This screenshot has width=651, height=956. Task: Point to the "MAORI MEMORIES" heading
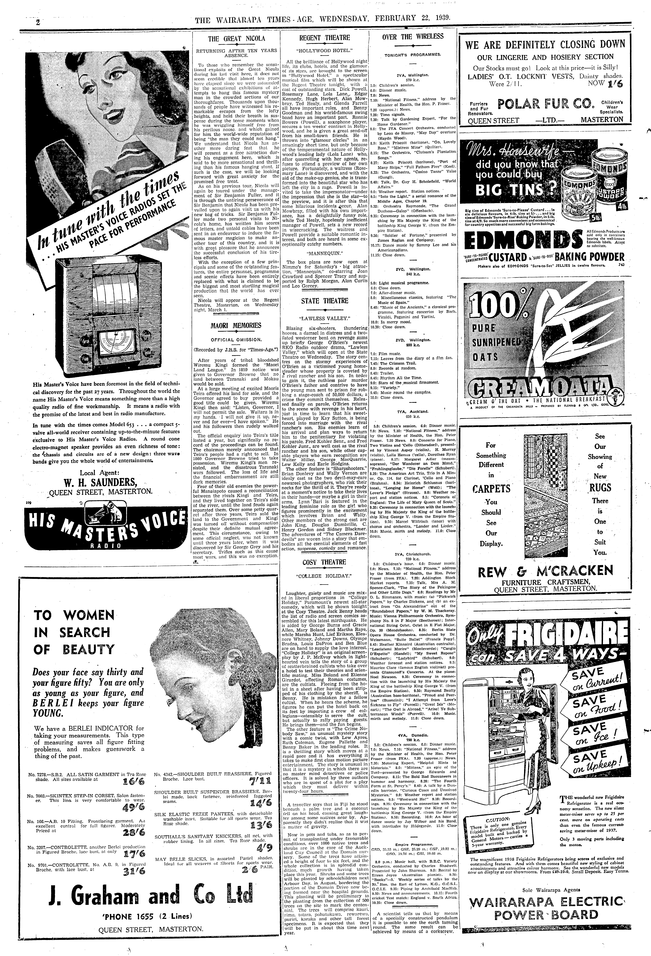pyautogui.click(x=236, y=325)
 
